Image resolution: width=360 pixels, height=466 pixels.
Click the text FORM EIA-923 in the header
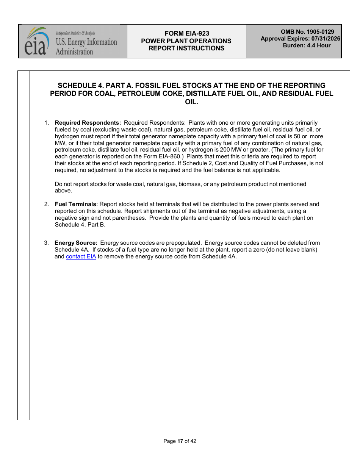coord(186,33)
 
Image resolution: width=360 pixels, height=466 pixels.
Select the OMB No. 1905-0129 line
coord(307,32)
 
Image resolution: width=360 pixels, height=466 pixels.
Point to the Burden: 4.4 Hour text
coord(307,45)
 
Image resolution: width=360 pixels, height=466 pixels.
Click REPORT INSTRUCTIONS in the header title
coord(186,48)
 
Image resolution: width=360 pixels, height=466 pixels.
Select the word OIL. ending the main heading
coord(191,102)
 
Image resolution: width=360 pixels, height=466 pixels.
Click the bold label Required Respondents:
coord(88,123)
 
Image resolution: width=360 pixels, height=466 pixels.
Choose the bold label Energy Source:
coord(76,243)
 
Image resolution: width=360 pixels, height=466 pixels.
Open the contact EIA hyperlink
coord(81,256)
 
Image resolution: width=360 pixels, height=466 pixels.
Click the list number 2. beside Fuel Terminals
coord(46,204)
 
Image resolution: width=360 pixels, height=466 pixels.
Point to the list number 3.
coord(46,243)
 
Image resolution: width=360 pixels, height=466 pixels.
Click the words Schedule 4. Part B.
coord(80,225)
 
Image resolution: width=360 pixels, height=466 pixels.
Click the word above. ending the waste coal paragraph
coord(63,191)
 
